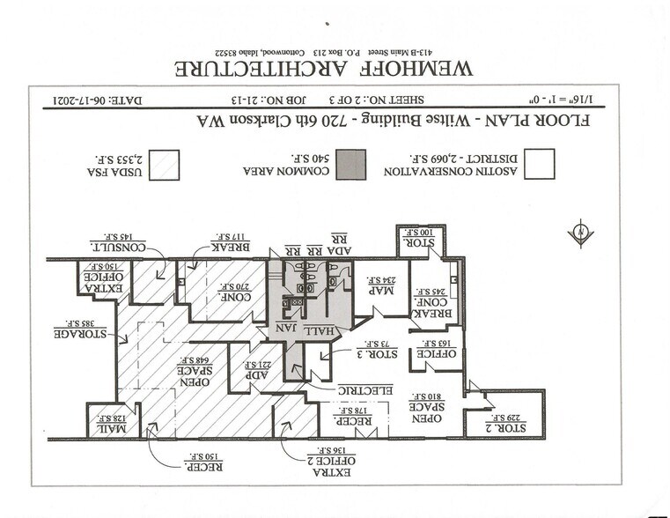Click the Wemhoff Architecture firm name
[325, 68]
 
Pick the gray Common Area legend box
[351, 164]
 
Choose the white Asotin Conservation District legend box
[540, 164]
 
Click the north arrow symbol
[580, 233]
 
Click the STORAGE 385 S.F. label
[81, 332]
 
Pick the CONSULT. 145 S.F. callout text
[119, 244]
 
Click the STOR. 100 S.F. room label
[419, 238]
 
